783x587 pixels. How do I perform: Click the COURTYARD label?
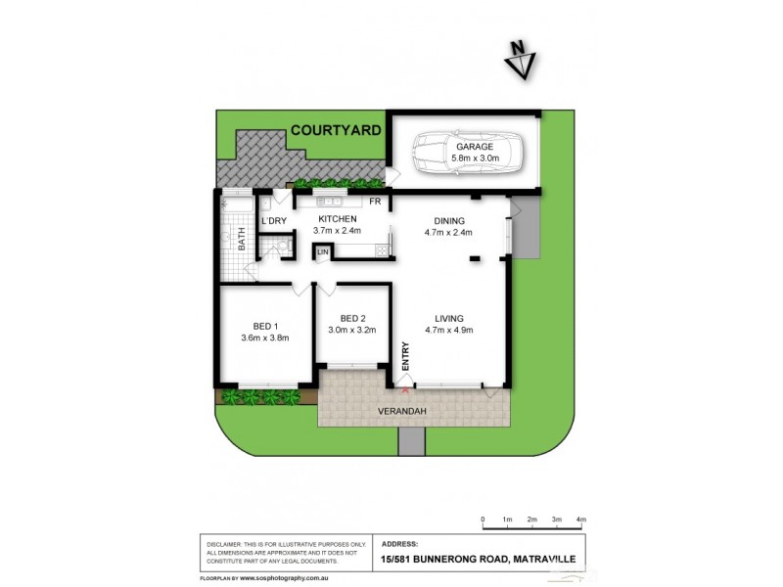point(335,129)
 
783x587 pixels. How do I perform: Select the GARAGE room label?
point(473,147)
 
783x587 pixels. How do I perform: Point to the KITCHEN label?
point(337,219)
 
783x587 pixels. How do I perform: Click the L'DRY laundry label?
point(274,221)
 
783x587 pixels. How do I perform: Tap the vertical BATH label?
point(241,239)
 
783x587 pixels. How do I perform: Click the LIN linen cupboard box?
point(321,253)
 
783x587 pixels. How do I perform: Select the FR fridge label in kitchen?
point(374,202)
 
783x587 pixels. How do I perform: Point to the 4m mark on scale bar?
point(580,519)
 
